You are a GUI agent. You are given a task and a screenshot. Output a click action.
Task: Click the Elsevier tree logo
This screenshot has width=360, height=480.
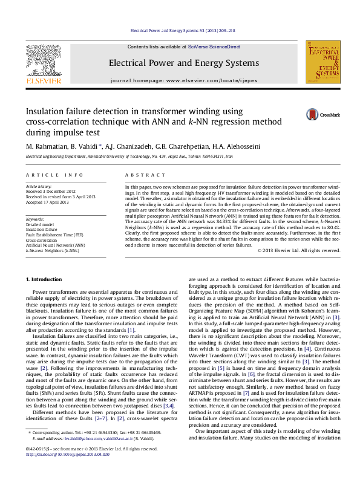point(43,60)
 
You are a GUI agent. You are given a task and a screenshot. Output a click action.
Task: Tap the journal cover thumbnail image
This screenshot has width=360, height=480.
point(323,62)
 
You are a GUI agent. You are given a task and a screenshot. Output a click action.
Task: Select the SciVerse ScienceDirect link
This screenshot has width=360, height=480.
point(214,47)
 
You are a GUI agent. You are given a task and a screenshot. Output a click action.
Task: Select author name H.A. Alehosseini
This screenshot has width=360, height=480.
point(236,146)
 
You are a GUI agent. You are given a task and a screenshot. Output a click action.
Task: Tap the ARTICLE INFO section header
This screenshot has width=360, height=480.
point(46,175)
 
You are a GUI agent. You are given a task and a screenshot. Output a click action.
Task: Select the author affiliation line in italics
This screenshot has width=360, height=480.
point(129,156)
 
